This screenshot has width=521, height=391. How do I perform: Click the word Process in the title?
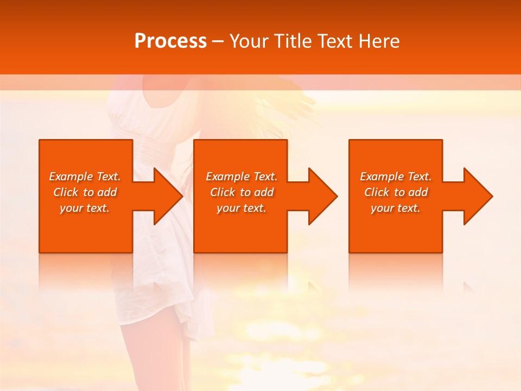170,41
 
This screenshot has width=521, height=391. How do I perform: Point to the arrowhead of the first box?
168,196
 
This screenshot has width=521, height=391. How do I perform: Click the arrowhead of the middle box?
323,196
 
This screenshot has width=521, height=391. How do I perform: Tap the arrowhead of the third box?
478,196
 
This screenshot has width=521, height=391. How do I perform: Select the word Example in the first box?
71,176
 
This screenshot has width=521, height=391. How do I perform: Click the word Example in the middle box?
227,176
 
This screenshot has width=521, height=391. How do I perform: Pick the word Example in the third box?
382,176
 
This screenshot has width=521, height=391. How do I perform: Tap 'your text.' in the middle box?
242,208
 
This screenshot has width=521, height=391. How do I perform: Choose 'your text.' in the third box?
396,208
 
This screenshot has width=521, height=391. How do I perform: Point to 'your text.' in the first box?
85,208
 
